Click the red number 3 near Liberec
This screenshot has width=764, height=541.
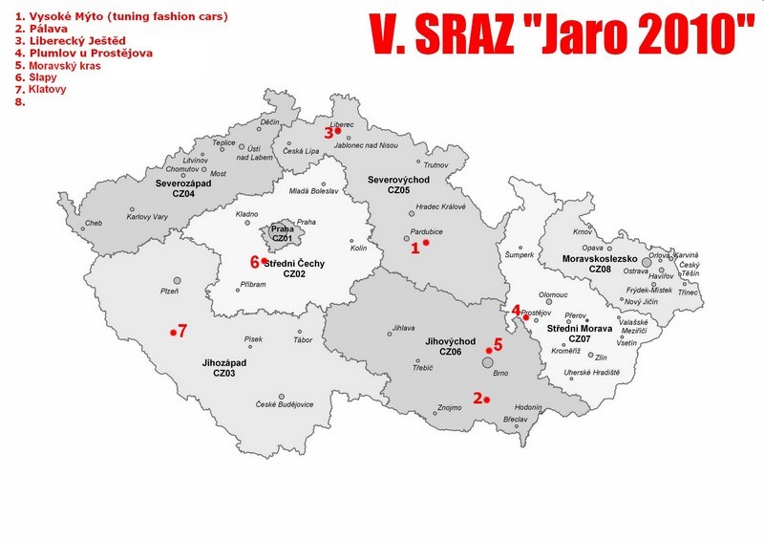point(329,133)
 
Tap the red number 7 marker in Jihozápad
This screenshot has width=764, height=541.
point(181,331)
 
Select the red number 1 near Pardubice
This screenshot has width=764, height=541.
point(415,248)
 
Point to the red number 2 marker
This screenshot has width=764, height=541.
point(477,398)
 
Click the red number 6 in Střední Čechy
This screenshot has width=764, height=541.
point(255,261)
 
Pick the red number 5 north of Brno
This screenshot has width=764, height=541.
point(498,345)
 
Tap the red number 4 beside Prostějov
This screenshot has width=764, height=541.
point(517,310)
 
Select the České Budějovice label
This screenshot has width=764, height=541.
point(285,404)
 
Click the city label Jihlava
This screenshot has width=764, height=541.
point(404,330)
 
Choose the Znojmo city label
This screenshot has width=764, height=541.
point(449,408)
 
